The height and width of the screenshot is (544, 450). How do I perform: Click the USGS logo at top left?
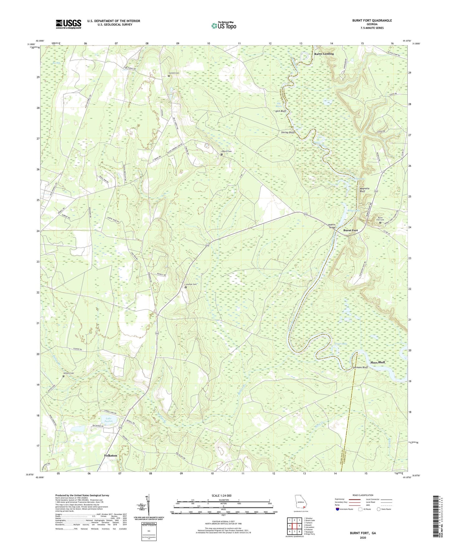pyautogui.click(x=69, y=24)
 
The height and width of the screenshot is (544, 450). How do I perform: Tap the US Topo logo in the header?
pyautogui.click(x=224, y=26)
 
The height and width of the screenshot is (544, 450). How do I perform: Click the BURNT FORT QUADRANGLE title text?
pyautogui.click(x=372, y=21)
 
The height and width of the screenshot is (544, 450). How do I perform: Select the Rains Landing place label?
pyautogui.click(x=324, y=54)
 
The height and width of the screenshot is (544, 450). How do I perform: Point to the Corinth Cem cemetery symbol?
pyautogui.click(x=169, y=76)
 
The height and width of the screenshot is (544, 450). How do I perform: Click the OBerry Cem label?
pyautogui.click(x=227, y=151)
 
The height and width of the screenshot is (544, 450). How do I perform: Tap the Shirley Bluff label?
pyautogui.click(x=287, y=132)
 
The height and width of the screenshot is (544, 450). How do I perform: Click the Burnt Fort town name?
pyautogui.click(x=350, y=230)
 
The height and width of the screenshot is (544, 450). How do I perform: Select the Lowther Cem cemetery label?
pyautogui.click(x=191, y=284)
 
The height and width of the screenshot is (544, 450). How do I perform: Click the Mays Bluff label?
pyautogui.click(x=377, y=362)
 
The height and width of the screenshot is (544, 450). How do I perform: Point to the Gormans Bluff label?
pyautogui.click(x=360, y=367)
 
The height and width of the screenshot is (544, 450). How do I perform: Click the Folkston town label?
pyautogui.click(x=111, y=456)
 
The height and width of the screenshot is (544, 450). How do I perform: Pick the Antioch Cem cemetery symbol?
pyautogui.click(x=64, y=376)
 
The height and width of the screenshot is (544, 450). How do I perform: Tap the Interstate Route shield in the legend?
pyautogui.click(x=338, y=509)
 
